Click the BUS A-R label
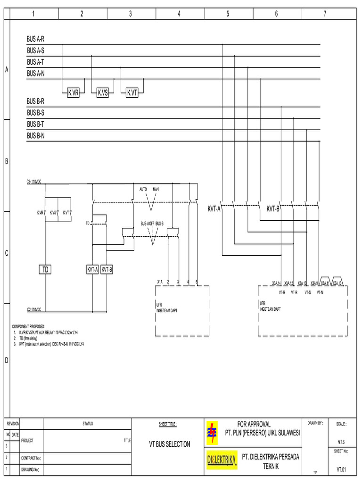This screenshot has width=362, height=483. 35,39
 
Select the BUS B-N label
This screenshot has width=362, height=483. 35,136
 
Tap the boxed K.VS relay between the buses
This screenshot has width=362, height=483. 102,93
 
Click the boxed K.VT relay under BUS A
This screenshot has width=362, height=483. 132,93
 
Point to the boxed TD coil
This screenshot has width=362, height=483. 45,270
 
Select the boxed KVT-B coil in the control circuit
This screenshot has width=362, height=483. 107,270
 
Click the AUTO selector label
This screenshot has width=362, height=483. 143,189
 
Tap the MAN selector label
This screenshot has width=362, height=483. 156,189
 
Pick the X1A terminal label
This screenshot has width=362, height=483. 160,282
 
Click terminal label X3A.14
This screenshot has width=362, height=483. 276,283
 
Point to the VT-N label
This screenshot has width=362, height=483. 320,292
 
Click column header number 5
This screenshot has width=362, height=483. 228,14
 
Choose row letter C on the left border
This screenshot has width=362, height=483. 7,254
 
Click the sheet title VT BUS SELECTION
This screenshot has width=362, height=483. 170,444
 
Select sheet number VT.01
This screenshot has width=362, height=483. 341,469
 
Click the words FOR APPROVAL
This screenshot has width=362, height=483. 254,425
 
